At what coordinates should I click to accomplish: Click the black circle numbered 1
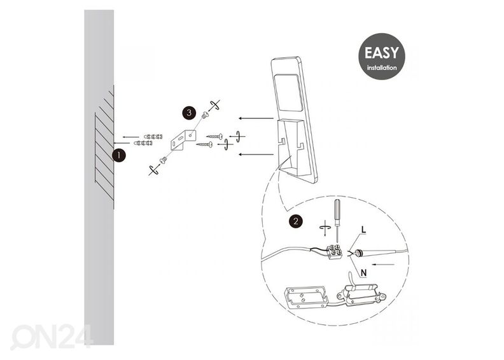118,155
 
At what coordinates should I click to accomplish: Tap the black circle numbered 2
295,221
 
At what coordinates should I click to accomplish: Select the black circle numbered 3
189,113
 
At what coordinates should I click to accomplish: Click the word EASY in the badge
382,53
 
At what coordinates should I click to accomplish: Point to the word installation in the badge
382,68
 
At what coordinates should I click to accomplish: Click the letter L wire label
363,230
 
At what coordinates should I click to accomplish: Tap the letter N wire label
363,273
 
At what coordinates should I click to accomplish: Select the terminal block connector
334,252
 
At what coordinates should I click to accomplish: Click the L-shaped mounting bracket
183,140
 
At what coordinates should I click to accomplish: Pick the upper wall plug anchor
153,137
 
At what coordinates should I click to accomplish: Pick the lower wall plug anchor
143,143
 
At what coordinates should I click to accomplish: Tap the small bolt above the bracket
205,114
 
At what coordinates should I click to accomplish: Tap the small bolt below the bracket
163,160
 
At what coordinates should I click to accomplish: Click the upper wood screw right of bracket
214,137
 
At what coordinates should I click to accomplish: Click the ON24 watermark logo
52,337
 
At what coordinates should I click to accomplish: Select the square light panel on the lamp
289,93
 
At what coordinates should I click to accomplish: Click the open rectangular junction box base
305,298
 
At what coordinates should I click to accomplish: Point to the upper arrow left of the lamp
256,118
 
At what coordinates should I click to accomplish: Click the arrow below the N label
383,265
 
